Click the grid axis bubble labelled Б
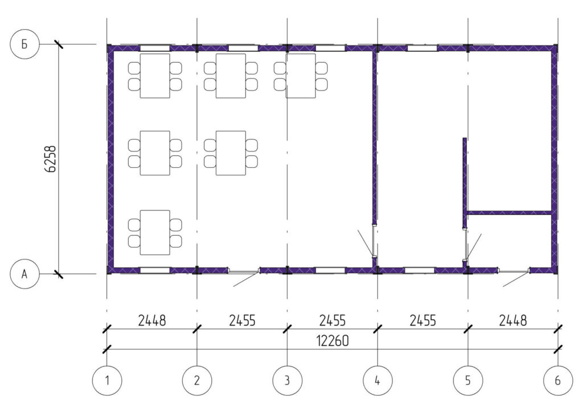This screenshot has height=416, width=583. point(24,44)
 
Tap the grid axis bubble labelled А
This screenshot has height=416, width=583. point(24,274)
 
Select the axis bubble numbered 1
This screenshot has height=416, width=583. point(107,380)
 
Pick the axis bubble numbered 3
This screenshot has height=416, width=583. point(287,380)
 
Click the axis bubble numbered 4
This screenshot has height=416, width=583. point(377,380)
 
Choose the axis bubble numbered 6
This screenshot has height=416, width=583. point(558,380)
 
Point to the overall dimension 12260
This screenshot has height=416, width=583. point(332,340)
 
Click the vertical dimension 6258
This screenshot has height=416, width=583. point(50,159)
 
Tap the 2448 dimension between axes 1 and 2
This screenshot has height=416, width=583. point(151,320)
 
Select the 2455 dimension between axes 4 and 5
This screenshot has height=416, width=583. point(423,320)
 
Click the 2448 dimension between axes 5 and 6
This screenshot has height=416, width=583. point(513,320)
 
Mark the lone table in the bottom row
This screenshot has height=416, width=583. point(155,233)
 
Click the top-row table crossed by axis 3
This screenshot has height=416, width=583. point(301,76)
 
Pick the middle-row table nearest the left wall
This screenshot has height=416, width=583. point(155,153)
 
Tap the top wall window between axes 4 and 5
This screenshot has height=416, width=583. point(422,48)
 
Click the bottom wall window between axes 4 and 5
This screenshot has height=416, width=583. point(420,270)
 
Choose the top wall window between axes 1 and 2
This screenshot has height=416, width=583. point(155,48)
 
